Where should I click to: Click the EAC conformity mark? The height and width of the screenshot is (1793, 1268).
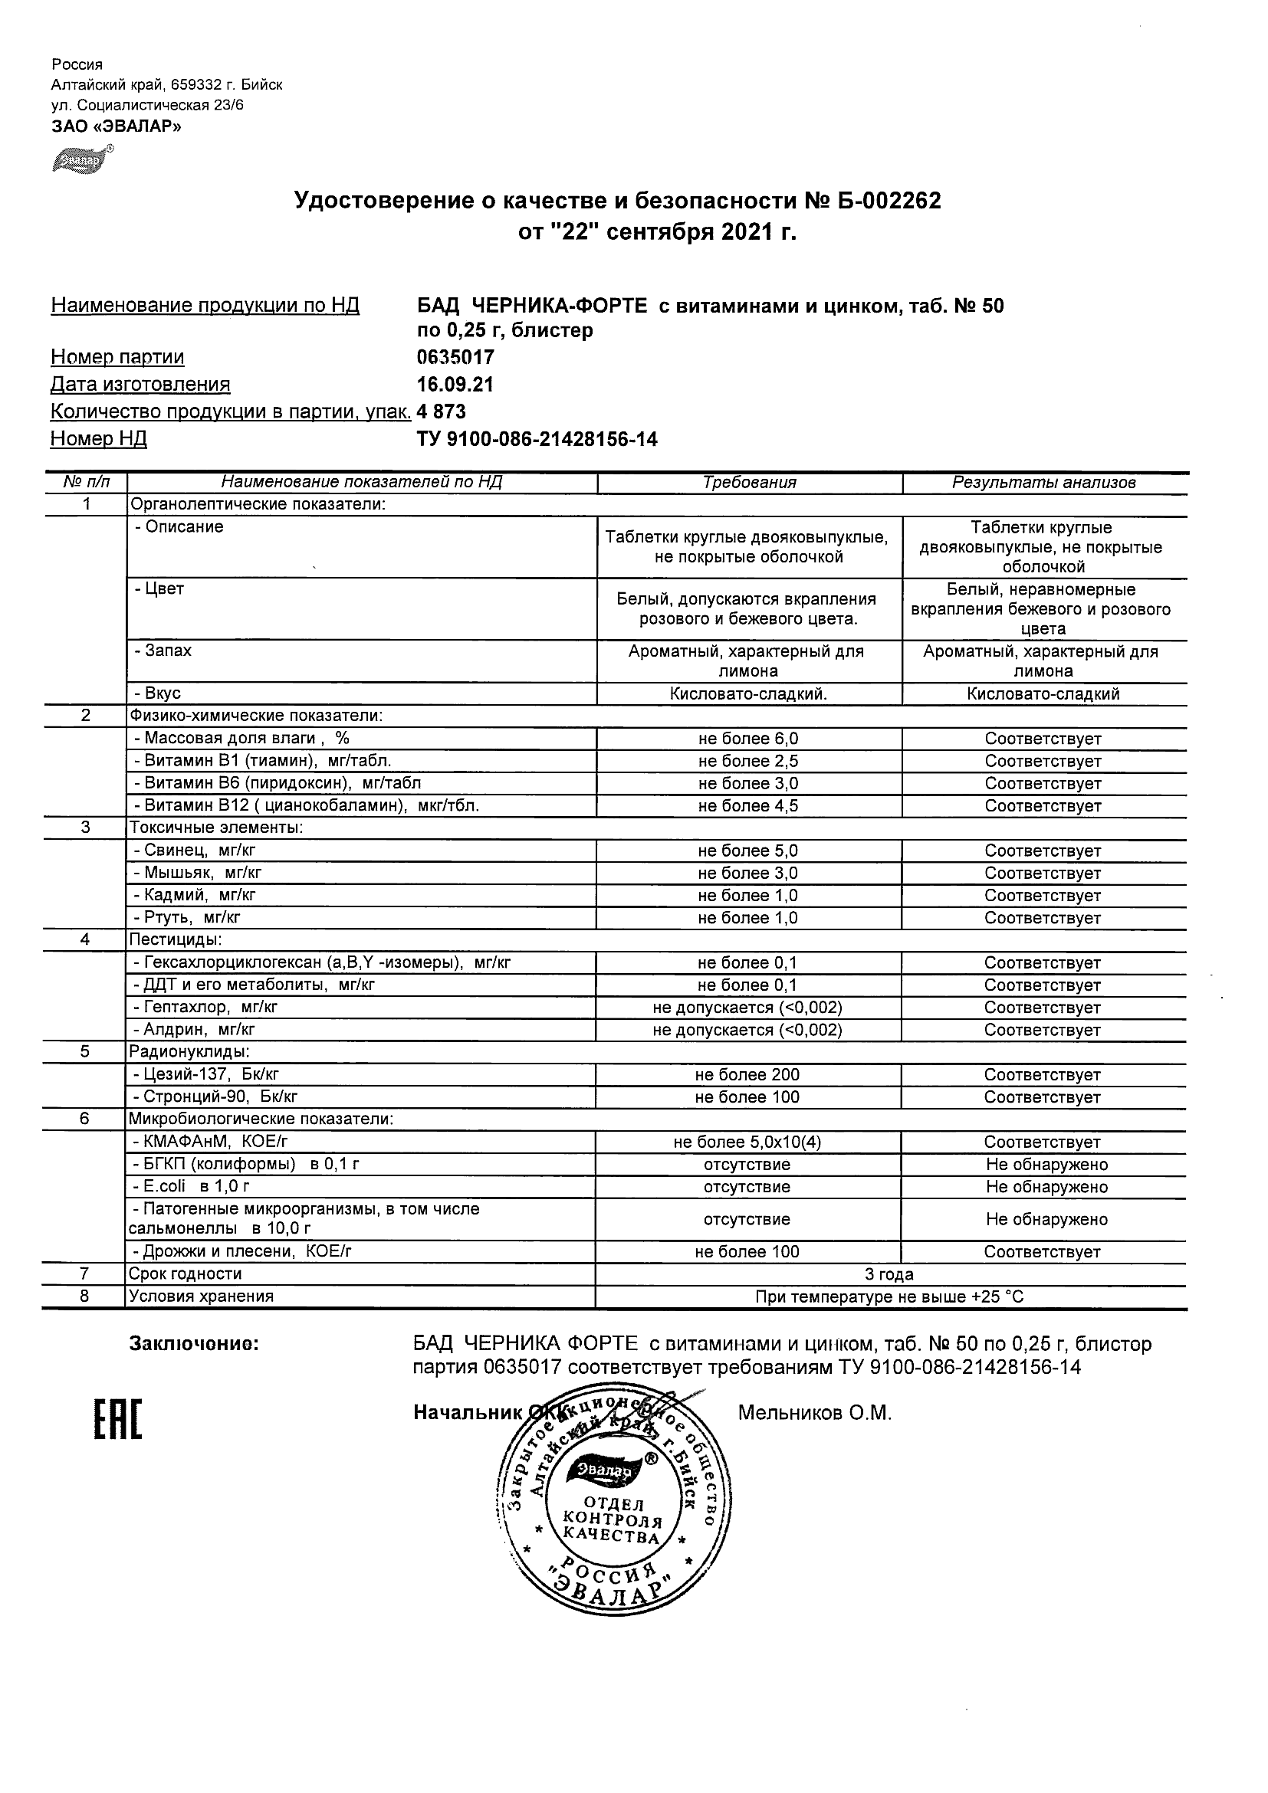(118, 1420)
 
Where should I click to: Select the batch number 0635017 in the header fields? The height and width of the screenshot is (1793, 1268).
(455, 358)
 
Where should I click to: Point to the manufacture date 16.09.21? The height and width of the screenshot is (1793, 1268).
(455, 384)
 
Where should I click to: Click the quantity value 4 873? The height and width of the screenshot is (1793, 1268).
(442, 411)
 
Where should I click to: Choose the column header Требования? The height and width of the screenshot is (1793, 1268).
(749, 483)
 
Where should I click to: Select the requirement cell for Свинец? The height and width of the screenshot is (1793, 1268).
(747, 851)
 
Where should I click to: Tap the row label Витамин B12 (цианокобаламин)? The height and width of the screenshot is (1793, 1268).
(306, 806)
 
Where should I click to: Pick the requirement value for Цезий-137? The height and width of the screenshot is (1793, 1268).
(747, 1075)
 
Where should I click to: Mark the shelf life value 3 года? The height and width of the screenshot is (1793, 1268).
(889, 1274)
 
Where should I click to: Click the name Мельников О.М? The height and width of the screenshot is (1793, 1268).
(814, 1413)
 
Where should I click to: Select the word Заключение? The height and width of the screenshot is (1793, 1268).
(193, 1344)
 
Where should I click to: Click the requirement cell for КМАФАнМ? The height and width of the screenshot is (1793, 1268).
(747, 1142)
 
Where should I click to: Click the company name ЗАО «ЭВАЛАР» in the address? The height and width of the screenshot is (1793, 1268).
(117, 126)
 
